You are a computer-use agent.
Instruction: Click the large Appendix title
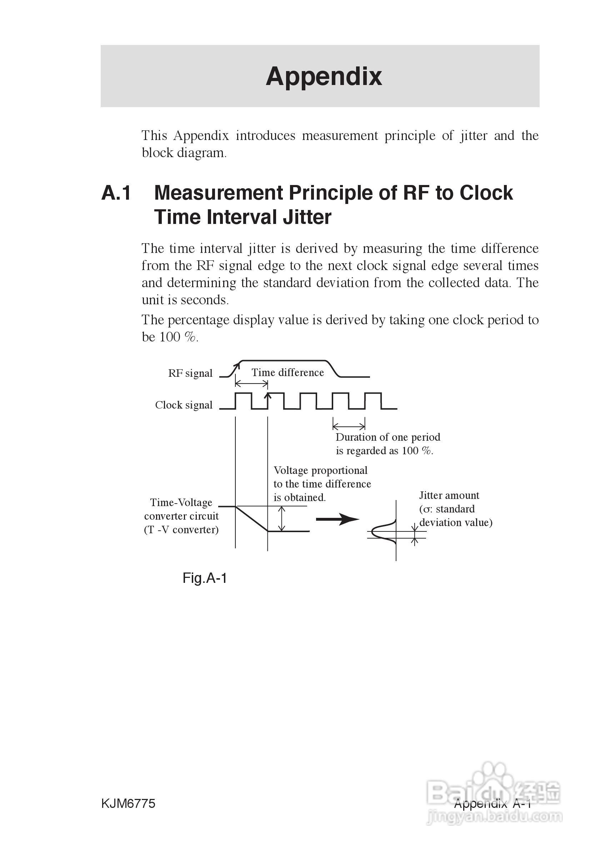(x=324, y=77)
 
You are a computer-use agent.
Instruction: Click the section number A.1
(x=116, y=193)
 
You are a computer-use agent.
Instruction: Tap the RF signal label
(x=190, y=373)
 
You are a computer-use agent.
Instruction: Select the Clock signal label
(x=184, y=405)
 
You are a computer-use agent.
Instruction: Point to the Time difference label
(x=287, y=372)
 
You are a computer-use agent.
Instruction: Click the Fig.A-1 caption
(x=204, y=578)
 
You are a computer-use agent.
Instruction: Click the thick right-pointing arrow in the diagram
(x=337, y=519)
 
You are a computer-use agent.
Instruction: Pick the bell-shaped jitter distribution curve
(x=383, y=532)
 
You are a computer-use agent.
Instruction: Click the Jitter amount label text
(x=449, y=495)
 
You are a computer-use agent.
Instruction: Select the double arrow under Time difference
(x=251, y=384)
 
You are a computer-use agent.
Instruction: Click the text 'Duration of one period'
(x=387, y=437)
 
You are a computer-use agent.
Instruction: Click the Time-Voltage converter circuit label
(x=181, y=516)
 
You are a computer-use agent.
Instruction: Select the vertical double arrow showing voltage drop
(x=282, y=519)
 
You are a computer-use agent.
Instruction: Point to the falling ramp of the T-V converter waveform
(x=252, y=519)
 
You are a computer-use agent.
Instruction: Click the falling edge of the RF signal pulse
(x=334, y=369)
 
